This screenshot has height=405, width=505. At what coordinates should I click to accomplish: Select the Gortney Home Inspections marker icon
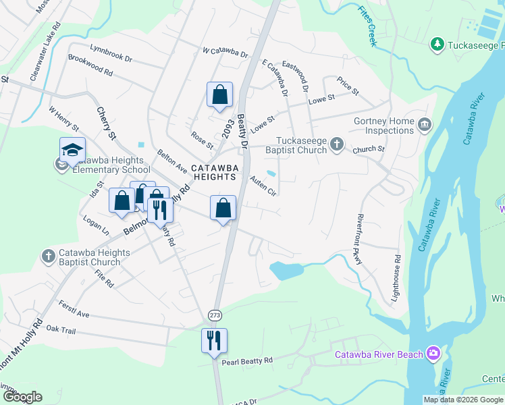[x=424, y=124]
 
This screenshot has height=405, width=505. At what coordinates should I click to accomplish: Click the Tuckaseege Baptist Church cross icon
[x=337, y=144]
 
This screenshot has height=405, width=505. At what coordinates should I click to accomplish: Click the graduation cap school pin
[x=72, y=150]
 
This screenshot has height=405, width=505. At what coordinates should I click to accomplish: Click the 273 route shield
[x=214, y=315]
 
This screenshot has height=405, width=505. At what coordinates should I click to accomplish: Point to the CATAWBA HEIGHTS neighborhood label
[x=214, y=172]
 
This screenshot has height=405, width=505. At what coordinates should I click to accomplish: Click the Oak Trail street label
[x=61, y=328]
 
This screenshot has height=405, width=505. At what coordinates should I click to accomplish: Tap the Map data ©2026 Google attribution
[x=462, y=400]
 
